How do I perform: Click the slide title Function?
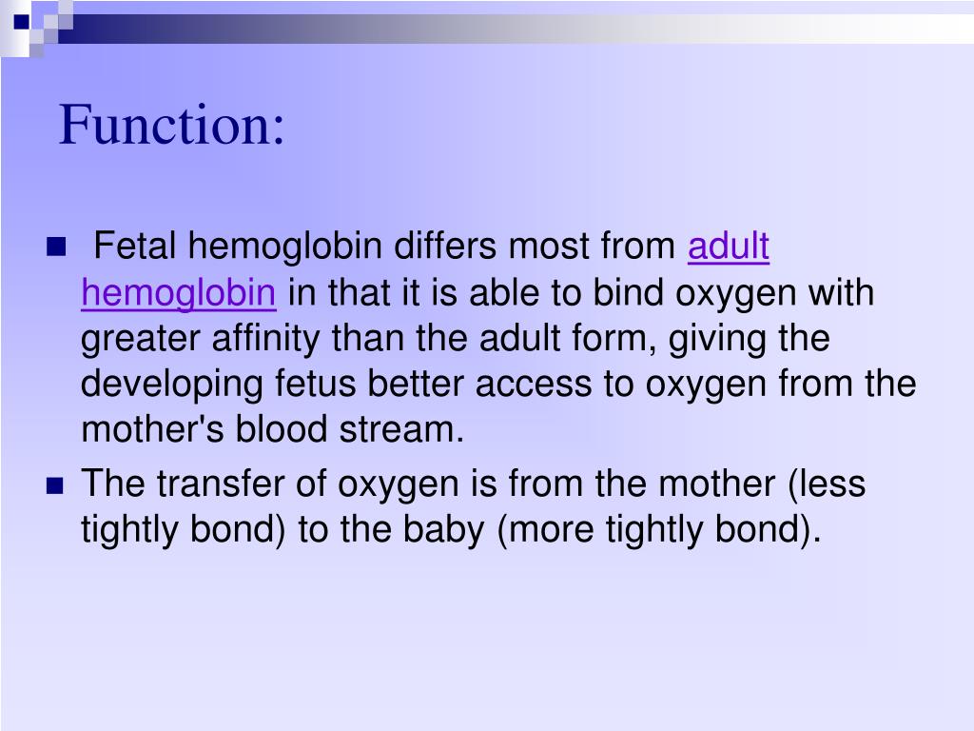click(x=172, y=126)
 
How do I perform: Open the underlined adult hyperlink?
click(x=728, y=247)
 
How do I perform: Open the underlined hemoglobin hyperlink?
click(x=179, y=293)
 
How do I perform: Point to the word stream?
click(x=409, y=430)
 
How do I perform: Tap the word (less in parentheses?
click(x=827, y=484)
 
